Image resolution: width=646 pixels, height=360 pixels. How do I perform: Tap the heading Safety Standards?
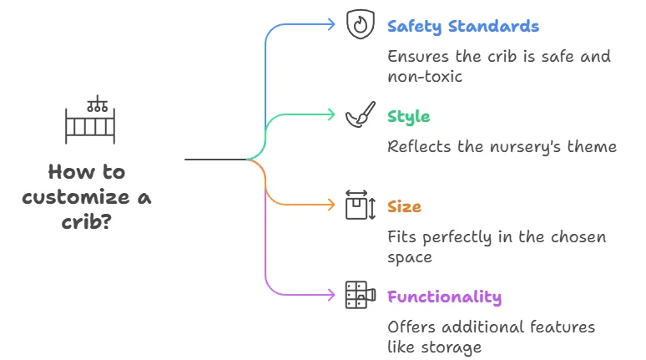(x=463, y=26)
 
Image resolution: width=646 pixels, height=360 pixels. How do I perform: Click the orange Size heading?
(x=404, y=205)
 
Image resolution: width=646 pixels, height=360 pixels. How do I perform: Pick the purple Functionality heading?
(x=444, y=296)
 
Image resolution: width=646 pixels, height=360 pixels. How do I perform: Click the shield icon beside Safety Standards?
(x=359, y=25)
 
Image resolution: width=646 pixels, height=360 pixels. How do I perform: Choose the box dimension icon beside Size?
(x=360, y=205)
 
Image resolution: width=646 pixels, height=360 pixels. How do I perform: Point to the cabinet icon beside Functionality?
(x=359, y=295)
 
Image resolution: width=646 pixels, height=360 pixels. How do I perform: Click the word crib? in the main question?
(x=87, y=223)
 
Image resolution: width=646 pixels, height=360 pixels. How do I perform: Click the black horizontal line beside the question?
(x=214, y=159)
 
